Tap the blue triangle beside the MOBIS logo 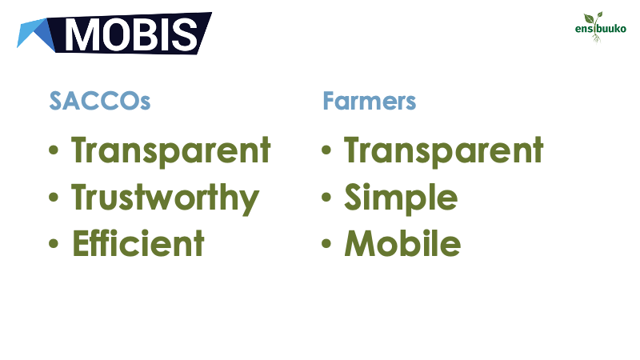click(x=36, y=35)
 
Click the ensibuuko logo click(x=600, y=27)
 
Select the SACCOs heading click(x=99, y=101)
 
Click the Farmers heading click(x=369, y=101)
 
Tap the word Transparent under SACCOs click(x=171, y=150)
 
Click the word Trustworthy click(x=166, y=198)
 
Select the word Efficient click(x=138, y=243)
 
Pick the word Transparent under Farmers click(x=444, y=150)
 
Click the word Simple click(x=401, y=198)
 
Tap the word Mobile click(x=403, y=243)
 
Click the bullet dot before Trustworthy click(x=54, y=197)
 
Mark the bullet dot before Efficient click(x=54, y=244)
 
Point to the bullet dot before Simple click(x=326, y=197)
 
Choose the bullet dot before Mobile click(x=326, y=244)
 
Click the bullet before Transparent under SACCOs click(x=54, y=150)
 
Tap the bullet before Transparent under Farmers click(x=326, y=150)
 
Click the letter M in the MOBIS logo click(x=82, y=34)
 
